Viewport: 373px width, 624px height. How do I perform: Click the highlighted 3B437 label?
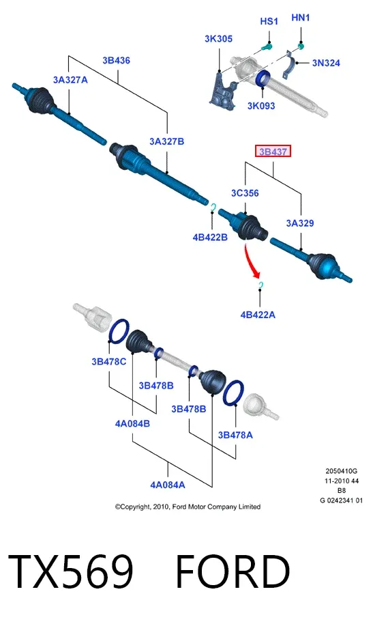[x=273, y=152]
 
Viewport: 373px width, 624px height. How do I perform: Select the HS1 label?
[x=269, y=21]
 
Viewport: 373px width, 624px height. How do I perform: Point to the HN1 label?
[x=301, y=18]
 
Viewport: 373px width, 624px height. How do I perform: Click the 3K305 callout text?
[x=218, y=39]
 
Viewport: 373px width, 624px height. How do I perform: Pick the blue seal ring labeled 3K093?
[x=263, y=78]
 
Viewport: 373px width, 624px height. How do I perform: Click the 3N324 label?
[x=326, y=63]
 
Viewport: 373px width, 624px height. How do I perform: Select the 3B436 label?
[x=116, y=60]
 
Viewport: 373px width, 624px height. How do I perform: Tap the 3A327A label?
[x=70, y=80]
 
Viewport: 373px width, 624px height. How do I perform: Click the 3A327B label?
[x=166, y=141]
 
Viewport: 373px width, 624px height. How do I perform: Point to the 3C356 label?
[x=245, y=193]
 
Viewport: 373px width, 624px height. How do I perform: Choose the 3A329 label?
[x=300, y=223]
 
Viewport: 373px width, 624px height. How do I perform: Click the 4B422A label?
[x=258, y=315]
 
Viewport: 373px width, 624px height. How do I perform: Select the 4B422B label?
[x=210, y=238]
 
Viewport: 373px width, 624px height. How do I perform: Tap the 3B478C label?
[x=108, y=361]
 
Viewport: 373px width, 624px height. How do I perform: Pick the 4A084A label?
[x=168, y=485]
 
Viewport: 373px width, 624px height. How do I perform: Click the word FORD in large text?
[x=233, y=572]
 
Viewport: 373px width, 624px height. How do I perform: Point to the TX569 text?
[x=70, y=572]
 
